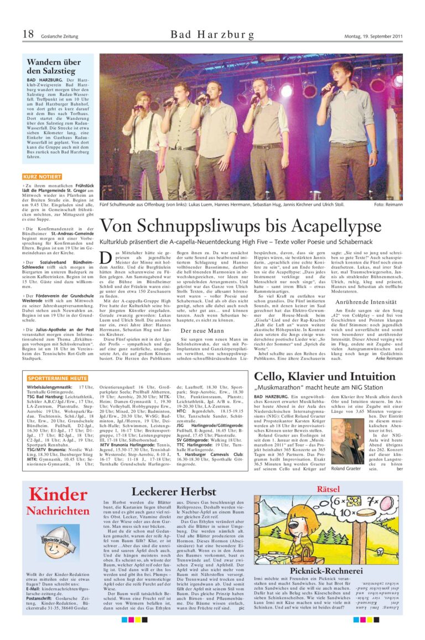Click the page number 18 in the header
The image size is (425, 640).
[x=28, y=34]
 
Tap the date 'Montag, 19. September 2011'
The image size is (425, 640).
[x=375, y=36]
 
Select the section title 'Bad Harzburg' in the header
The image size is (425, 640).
[x=212, y=35]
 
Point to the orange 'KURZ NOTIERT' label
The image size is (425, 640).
[x=42, y=176]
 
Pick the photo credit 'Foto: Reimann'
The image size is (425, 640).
[x=388, y=204]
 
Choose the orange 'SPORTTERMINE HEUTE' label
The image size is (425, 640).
[x=57, y=378]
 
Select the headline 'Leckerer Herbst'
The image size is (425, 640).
[x=174, y=491]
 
